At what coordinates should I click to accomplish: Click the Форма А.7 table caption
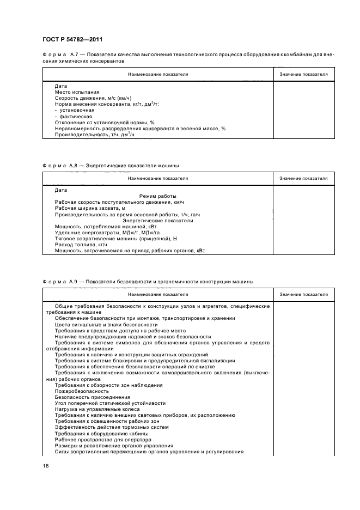click(188, 58)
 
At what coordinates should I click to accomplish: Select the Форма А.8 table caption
click(111, 165)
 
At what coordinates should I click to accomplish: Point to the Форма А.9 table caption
click(148, 282)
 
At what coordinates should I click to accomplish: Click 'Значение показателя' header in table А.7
click(303, 74)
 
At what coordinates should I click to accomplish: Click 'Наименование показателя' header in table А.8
click(158, 178)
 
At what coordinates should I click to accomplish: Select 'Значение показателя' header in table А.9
click(303, 294)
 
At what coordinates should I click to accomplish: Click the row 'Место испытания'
click(74, 92)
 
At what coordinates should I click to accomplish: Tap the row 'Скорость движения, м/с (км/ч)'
click(89, 98)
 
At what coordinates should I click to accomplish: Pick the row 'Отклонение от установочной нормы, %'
click(105, 123)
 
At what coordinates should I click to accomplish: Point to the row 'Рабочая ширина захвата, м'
click(90, 208)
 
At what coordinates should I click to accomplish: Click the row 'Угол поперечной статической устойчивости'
click(108, 403)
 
